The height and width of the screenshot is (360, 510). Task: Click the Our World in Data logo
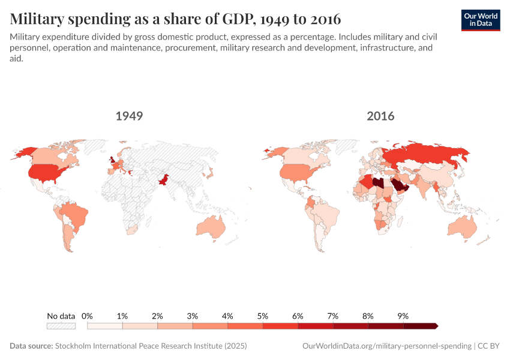(x=481, y=20)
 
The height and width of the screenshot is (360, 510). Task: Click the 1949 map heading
(x=129, y=116)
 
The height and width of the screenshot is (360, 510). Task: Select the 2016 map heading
(x=380, y=116)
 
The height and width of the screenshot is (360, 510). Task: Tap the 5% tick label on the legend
(x=262, y=316)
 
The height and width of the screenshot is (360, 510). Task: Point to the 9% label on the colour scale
(x=403, y=316)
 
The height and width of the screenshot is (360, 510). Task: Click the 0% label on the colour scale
(x=87, y=316)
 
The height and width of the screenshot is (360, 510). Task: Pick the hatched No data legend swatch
(x=61, y=326)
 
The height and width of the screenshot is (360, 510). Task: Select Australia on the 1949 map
(x=211, y=227)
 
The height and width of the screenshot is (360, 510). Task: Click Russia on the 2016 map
(x=420, y=157)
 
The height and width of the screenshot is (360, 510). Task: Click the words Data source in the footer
(x=31, y=346)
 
